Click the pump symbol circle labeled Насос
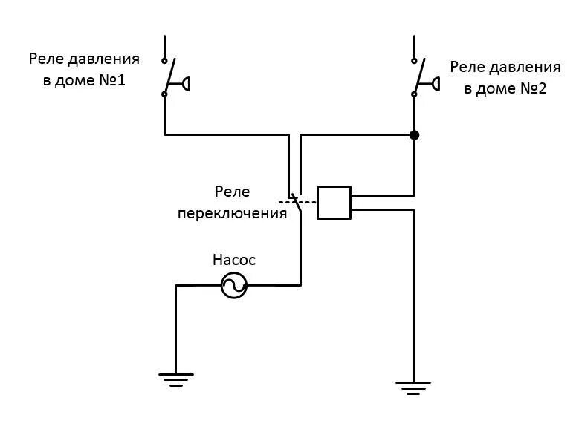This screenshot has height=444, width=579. (x=233, y=285)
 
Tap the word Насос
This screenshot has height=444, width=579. (x=233, y=260)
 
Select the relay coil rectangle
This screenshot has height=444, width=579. (x=334, y=202)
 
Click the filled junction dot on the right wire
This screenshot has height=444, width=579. (x=414, y=135)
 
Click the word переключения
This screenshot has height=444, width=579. (x=232, y=213)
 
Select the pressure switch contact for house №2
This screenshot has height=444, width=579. (x=418, y=74)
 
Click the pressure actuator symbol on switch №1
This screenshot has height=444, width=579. (x=184, y=83)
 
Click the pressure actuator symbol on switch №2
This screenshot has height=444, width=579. (x=433, y=83)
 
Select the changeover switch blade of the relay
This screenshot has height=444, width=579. (x=297, y=203)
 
